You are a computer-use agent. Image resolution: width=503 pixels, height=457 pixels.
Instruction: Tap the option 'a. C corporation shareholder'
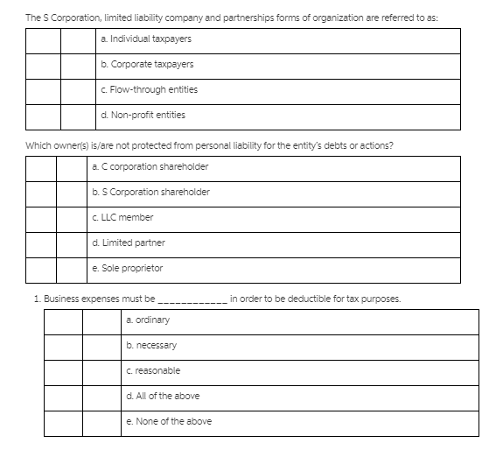click(x=150, y=167)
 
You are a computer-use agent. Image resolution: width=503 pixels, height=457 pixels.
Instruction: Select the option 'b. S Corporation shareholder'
click(x=150, y=193)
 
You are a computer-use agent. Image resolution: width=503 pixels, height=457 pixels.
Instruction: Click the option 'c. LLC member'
click(x=122, y=218)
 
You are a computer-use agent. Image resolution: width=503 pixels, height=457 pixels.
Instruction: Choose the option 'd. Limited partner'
click(x=128, y=243)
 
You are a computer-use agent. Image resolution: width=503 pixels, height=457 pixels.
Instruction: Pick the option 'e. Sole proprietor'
click(x=127, y=269)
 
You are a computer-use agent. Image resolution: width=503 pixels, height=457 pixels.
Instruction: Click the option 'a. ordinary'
click(x=148, y=320)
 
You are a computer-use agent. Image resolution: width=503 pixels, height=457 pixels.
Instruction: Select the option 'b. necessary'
click(x=151, y=346)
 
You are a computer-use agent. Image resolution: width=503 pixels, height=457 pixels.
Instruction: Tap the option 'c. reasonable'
click(x=153, y=371)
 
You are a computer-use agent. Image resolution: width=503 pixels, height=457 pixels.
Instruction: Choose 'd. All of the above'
click(x=163, y=397)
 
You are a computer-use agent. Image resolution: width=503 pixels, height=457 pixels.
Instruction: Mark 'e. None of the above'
click(x=169, y=422)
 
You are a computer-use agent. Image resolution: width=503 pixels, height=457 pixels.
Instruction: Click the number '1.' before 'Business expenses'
click(x=36, y=299)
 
